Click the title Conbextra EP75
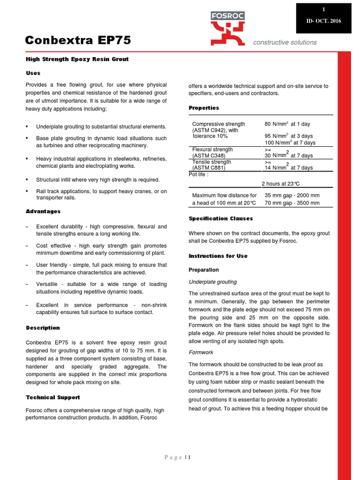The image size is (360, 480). pyautogui.click(x=78, y=41)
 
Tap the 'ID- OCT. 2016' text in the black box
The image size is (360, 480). pyautogui.click(x=323, y=22)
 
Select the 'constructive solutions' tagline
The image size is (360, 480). pyautogui.click(x=285, y=42)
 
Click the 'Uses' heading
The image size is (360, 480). pyautogui.click(x=33, y=73)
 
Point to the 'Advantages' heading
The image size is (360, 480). pyautogui.click(x=43, y=212)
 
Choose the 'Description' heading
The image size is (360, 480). pyautogui.click(x=43, y=328)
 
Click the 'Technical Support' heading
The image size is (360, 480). pyautogui.click(x=52, y=397)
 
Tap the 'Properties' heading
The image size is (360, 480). pyautogui.click(x=204, y=108)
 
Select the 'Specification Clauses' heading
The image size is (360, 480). pyautogui.click(x=220, y=218)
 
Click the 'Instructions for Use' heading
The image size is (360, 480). pyautogui.click(x=218, y=256)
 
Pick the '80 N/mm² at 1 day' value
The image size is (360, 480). pyautogui.click(x=287, y=124)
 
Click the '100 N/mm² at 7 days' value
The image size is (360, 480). pyautogui.click(x=290, y=142)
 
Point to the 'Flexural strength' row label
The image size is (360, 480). pyautogui.click(x=212, y=150)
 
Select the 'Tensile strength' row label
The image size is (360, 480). pyautogui.click(x=211, y=162)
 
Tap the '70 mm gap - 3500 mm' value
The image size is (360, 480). pyautogui.click(x=292, y=203)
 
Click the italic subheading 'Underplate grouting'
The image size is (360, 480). pyautogui.click(x=212, y=282)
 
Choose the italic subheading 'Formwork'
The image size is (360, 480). pyautogui.click(x=201, y=352)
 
